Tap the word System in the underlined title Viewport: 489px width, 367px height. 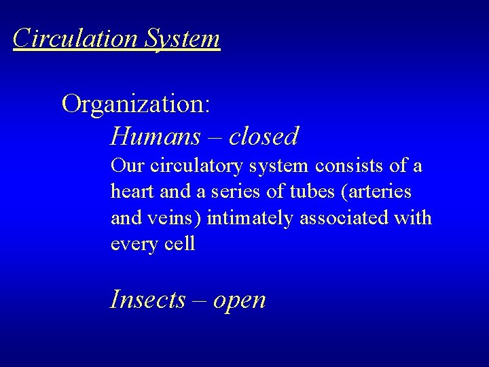(182, 38)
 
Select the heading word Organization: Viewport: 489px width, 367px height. (136, 104)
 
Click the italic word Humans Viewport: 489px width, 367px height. (156, 137)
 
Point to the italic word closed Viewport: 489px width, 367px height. (264, 137)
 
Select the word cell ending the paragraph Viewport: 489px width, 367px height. (181, 243)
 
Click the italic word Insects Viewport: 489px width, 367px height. (147, 298)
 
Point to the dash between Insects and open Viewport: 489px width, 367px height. (198, 300)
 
